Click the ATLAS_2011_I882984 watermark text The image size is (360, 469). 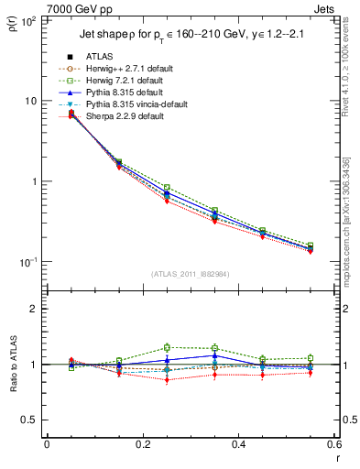pyautogui.click(x=191, y=273)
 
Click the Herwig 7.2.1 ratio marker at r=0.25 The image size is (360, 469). pyautogui.click(x=167, y=347)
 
